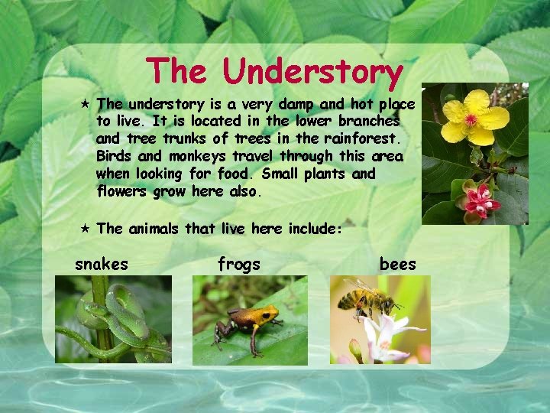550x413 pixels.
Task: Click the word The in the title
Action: pyautogui.click(x=178, y=71)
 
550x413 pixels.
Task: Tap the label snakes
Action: pyautogui.click(x=101, y=265)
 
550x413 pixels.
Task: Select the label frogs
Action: pyautogui.click(x=238, y=265)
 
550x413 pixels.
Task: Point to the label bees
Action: pyautogui.click(x=397, y=265)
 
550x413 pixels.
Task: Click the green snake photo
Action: pyautogui.click(x=113, y=320)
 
